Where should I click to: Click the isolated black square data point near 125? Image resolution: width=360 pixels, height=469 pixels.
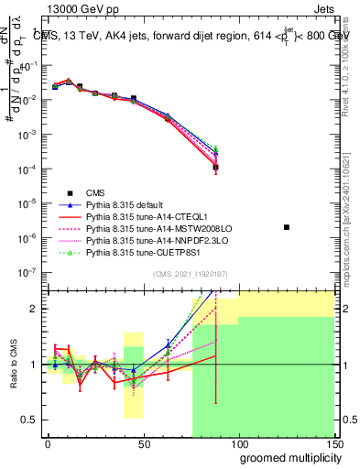[287, 226]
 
